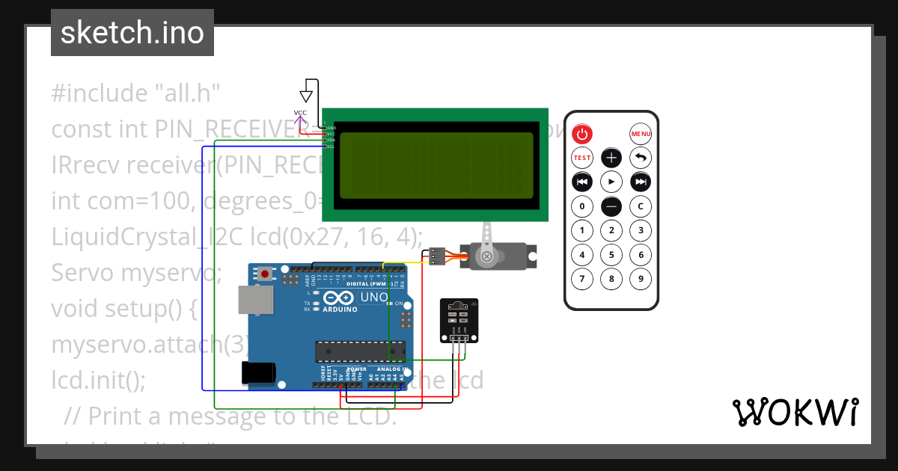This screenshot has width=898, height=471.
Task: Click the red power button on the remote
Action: coord(582,135)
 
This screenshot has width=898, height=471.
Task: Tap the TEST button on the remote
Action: coord(582,158)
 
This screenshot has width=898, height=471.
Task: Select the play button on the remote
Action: coord(611,182)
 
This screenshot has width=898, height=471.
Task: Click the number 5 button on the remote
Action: coord(611,255)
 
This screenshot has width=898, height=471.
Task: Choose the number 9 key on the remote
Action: coord(641,280)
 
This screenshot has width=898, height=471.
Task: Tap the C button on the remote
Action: coord(641,206)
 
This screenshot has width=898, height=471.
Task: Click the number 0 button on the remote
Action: coord(582,206)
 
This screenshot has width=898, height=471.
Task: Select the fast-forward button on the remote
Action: coord(641,182)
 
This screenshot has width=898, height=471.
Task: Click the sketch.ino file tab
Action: coord(132,33)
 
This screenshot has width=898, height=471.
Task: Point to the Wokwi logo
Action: coord(795,413)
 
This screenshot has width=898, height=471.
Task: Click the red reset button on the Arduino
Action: coord(265,274)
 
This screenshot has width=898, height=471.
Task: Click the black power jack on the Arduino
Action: coord(258,372)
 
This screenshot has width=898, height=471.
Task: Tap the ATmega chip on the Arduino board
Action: coord(360,351)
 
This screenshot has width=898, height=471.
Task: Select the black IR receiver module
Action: coord(459,320)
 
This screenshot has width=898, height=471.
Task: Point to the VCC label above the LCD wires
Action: coord(300,113)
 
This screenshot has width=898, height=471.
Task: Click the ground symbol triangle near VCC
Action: coord(305,96)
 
